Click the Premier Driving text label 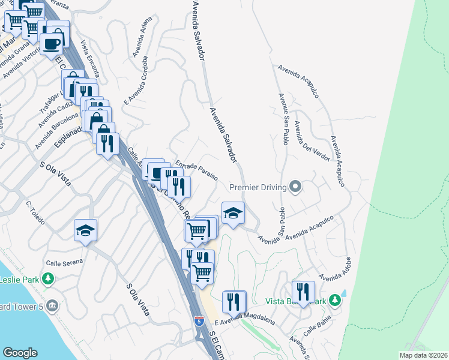(257, 188)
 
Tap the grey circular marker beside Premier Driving (295, 187)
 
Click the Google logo (20, 353)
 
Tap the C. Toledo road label (36, 212)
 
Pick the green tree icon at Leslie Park (48, 279)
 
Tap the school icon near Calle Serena (85, 230)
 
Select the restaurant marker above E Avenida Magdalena (234, 301)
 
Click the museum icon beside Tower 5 (52, 305)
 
